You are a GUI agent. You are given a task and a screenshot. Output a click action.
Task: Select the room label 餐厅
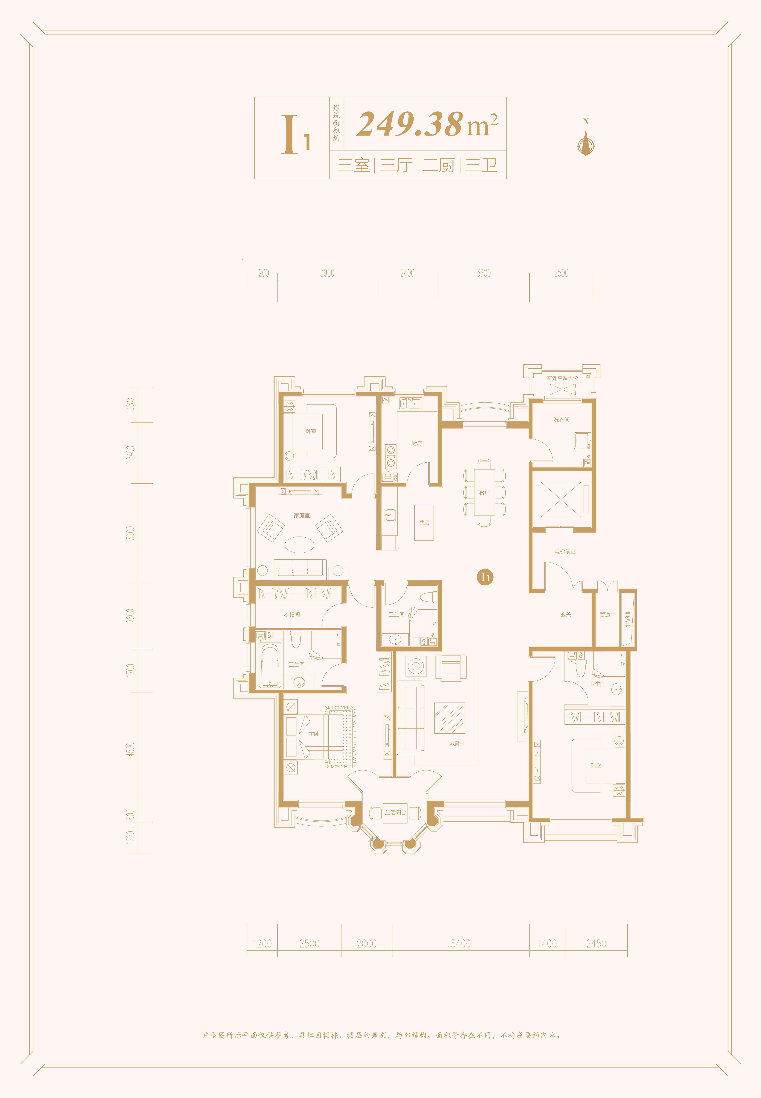[x=484, y=493]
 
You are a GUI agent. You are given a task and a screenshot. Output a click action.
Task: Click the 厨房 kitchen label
[x=417, y=443]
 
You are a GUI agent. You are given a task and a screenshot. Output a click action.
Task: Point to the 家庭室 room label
[x=302, y=515]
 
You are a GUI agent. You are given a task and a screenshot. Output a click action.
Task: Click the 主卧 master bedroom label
[x=314, y=734]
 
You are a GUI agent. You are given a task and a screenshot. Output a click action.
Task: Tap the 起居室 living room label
[x=456, y=744]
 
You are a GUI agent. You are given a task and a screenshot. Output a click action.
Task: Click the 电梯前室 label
[x=565, y=552]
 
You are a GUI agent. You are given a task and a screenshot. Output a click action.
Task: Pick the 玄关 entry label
[x=566, y=615]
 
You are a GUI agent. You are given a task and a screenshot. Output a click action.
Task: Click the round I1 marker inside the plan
[x=485, y=577]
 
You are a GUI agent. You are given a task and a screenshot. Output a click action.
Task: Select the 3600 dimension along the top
[x=483, y=273]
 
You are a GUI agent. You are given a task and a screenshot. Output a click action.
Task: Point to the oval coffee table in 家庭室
[x=299, y=545]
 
